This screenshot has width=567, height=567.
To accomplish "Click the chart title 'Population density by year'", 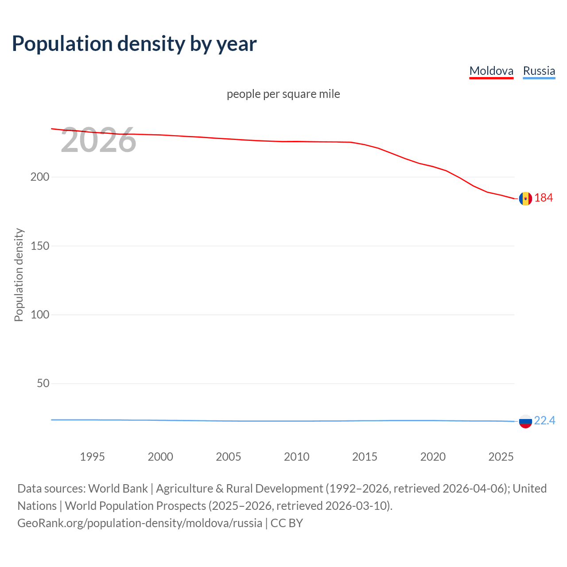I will pyautogui.click(x=134, y=44).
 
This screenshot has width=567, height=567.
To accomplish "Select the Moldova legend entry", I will pyautogui.click(x=491, y=71).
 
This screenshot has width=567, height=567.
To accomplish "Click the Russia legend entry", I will pyautogui.click(x=539, y=71).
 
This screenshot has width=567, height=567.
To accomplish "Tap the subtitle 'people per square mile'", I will pyautogui.click(x=283, y=94).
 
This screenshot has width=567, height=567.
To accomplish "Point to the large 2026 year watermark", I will pyautogui.click(x=98, y=140).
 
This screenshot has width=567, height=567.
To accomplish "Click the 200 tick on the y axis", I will pyautogui.click(x=40, y=177).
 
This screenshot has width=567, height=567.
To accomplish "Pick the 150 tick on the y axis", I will pyautogui.click(x=40, y=246).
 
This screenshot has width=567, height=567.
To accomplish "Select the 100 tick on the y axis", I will pyautogui.click(x=40, y=315).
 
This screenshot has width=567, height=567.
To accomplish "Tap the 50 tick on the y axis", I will pyautogui.click(x=43, y=383).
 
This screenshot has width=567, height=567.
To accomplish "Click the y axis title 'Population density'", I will pyautogui.click(x=19, y=275).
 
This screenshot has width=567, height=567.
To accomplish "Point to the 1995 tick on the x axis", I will pyautogui.click(x=92, y=457).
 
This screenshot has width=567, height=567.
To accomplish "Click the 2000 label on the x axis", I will pyautogui.click(x=160, y=457).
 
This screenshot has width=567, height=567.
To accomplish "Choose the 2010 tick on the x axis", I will pyautogui.click(x=296, y=457).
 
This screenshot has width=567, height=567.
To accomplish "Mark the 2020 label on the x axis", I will pyautogui.click(x=433, y=457).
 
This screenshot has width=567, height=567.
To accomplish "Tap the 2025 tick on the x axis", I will pyautogui.click(x=501, y=457).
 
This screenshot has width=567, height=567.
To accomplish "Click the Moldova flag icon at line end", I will pyautogui.click(x=525, y=198).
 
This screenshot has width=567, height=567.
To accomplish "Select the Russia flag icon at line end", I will pyautogui.click(x=525, y=421).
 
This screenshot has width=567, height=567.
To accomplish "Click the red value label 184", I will pyautogui.click(x=544, y=198).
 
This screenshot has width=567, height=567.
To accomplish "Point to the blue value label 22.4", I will pyautogui.click(x=544, y=420).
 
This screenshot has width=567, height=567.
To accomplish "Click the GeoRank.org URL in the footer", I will pyautogui.click(x=140, y=523).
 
